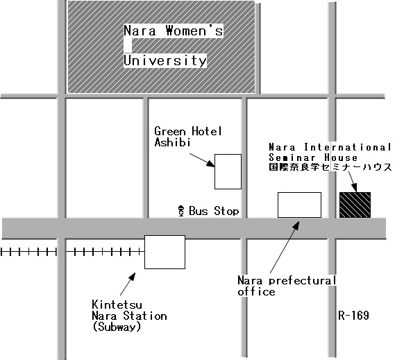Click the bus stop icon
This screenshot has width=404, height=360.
[x=181, y=211]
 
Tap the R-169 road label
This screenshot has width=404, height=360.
[x=353, y=315]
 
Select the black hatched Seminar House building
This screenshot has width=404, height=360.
[x=355, y=205]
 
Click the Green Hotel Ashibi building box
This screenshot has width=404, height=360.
[x=228, y=172]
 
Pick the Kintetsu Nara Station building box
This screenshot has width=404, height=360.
[x=165, y=252]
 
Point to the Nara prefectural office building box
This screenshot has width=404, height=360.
[x=299, y=205]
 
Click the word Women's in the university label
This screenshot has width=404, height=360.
[x=194, y=31]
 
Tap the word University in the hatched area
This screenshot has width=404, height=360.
[x=165, y=61]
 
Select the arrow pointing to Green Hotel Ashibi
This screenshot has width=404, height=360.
[x=202, y=160]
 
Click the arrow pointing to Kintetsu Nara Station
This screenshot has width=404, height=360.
[x=128, y=284]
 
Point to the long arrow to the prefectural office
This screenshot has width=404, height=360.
[x=285, y=247]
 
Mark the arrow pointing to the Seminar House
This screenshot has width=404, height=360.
[x=353, y=182]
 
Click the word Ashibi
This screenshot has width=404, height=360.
[x=172, y=142]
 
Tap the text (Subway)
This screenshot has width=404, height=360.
[x=117, y=327]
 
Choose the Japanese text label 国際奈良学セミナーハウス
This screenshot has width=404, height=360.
[x=330, y=167]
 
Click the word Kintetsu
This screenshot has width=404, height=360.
[x=117, y=305]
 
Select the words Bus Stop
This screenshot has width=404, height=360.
[x=214, y=211]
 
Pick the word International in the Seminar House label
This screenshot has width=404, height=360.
[x=347, y=147]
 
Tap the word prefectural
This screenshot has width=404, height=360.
[x=302, y=280]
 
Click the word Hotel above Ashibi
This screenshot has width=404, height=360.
[x=206, y=131]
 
